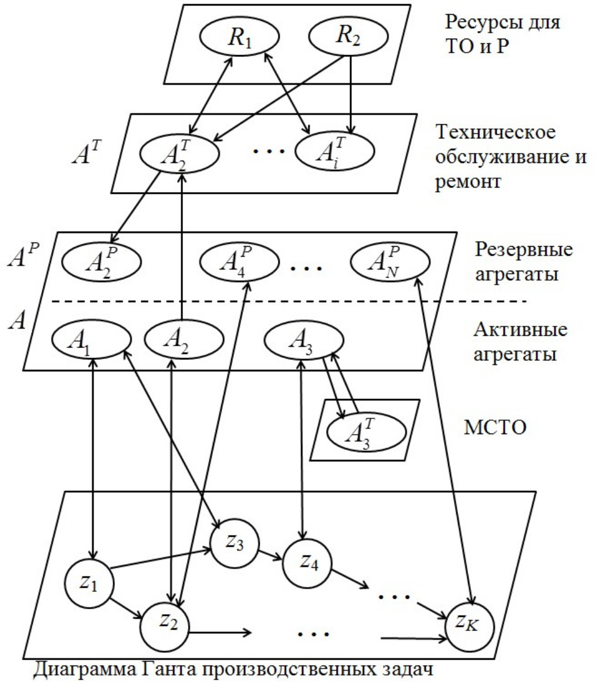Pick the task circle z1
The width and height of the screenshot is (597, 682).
(x=88, y=584)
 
